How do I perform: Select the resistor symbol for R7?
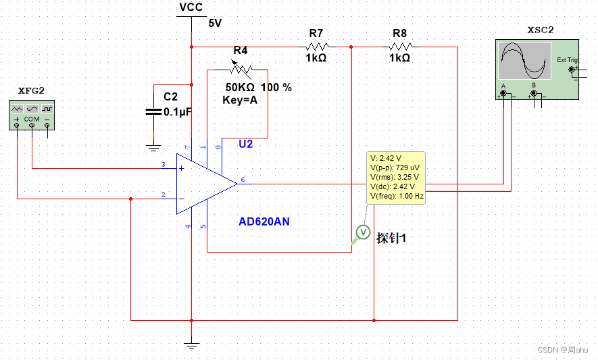(x=317, y=47)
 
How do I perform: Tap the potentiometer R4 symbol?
(x=239, y=68)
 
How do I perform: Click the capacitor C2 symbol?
(x=154, y=111)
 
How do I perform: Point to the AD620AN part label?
(x=264, y=222)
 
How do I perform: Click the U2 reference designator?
(x=246, y=145)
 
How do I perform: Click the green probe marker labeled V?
(x=364, y=232)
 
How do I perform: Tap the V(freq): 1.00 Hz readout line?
(x=397, y=197)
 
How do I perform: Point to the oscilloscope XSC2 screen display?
(x=523, y=60)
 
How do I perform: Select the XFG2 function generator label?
(x=31, y=91)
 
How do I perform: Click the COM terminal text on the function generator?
(x=32, y=119)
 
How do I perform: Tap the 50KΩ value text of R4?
(x=241, y=87)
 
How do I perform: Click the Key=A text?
(x=240, y=99)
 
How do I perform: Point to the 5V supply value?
(x=215, y=23)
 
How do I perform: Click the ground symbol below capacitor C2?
(x=154, y=146)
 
